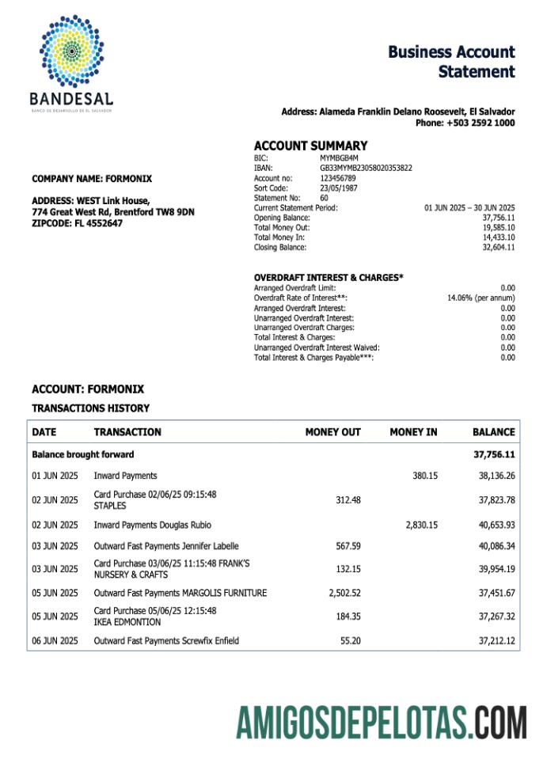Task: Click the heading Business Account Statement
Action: (x=451, y=62)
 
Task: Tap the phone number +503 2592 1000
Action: (x=481, y=123)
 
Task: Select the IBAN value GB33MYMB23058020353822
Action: (x=366, y=168)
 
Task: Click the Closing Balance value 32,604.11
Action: (x=499, y=248)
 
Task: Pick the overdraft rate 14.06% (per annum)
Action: (x=481, y=298)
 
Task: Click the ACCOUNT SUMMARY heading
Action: (x=310, y=146)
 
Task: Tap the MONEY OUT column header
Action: (x=332, y=432)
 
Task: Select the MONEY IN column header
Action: (x=413, y=432)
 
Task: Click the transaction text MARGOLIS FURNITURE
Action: (x=225, y=593)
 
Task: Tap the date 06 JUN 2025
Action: (x=55, y=640)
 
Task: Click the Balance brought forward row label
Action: (x=83, y=454)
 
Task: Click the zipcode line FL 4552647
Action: (x=100, y=224)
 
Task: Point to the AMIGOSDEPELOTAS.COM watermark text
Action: (x=381, y=723)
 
